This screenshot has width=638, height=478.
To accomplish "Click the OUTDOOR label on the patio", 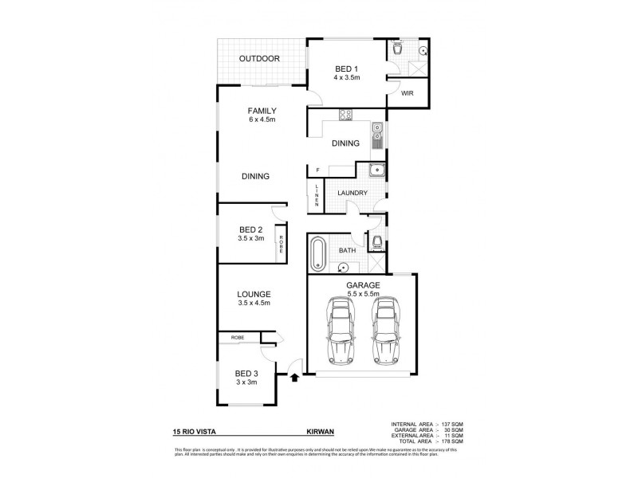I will [261, 59].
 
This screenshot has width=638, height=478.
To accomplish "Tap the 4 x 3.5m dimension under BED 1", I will [347, 78].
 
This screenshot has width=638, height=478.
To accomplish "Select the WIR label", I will [407, 93].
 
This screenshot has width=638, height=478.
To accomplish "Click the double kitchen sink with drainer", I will [377, 135].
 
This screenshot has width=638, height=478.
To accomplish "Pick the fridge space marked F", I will [317, 170].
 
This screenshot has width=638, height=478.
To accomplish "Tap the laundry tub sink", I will [375, 170].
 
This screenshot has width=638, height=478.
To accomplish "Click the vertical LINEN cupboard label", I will [316, 195].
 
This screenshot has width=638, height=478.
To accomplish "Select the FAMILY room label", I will [262, 111].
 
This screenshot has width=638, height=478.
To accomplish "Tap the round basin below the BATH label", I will [345, 268].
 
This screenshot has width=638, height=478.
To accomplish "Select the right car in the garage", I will [385, 330].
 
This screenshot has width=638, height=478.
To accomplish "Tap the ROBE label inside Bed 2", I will [281, 242].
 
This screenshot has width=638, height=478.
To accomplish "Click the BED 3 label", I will [246, 373].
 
